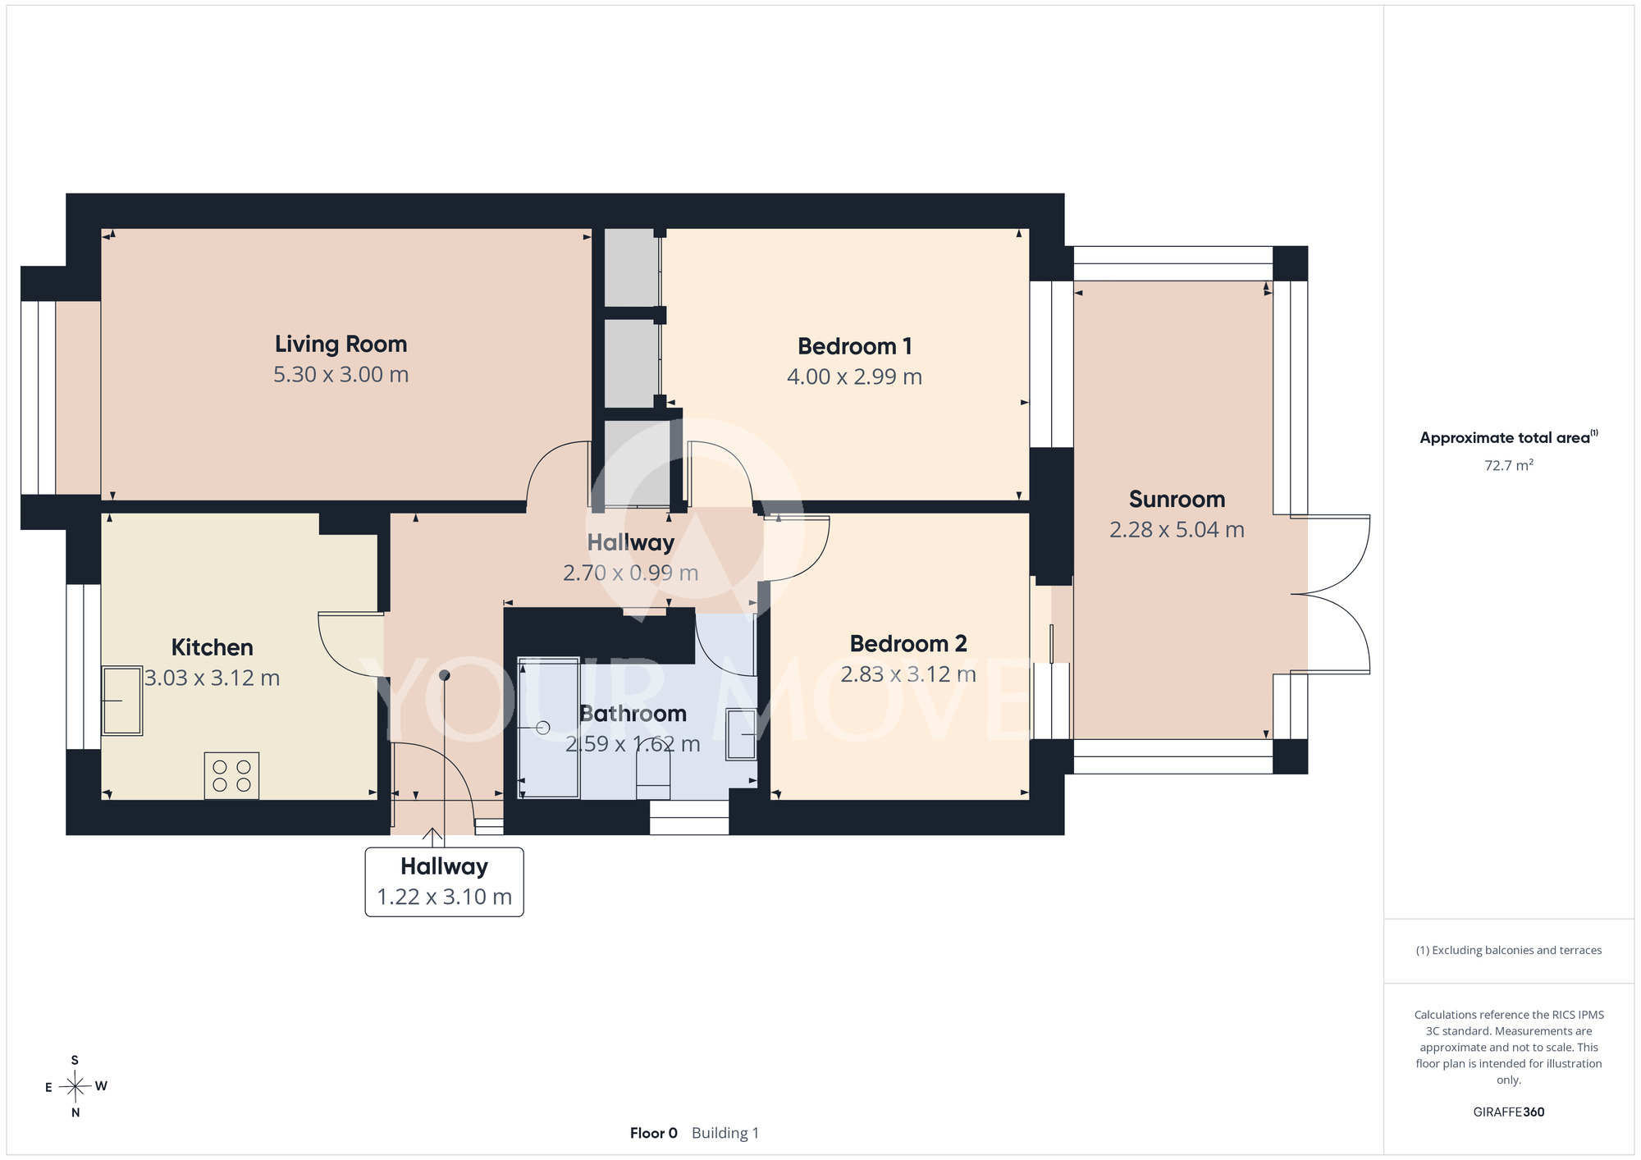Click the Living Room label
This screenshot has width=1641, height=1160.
(x=341, y=345)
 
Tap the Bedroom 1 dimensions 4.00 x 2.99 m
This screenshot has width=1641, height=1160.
(x=854, y=377)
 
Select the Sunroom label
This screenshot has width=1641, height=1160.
(x=1177, y=499)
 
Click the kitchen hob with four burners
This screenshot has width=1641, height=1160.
(x=231, y=775)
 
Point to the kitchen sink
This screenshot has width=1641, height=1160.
(x=121, y=701)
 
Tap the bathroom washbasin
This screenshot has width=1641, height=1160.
(x=742, y=733)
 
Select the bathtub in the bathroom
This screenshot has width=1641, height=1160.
(x=549, y=727)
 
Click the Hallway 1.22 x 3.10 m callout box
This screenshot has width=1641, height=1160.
(x=444, y=882)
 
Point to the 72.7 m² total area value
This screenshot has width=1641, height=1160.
(x=1509, y=465)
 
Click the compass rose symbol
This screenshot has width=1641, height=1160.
(x=75, y=1087)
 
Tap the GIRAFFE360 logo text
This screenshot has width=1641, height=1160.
(x=1509, y=1112)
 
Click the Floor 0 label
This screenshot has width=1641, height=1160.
(x=654, y=1133)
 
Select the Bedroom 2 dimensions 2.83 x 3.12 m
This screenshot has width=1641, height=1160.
(x=908, y=674)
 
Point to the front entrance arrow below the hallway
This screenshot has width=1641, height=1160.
(x=432, y=838)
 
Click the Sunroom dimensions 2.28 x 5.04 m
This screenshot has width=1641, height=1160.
(x=1177, y=530)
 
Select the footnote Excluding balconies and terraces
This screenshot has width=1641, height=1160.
(x=1509, y=950)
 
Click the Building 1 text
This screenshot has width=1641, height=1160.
(x=725, y=1133)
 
